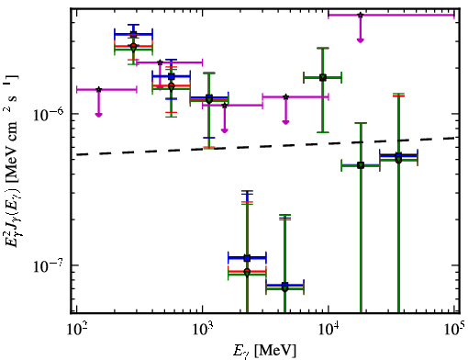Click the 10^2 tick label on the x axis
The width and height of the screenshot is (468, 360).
point(75,329)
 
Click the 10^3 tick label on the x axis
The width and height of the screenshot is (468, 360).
point(202,329)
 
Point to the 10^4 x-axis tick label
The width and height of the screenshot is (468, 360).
point(328,329)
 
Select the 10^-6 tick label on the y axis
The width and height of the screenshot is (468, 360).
point(49,114)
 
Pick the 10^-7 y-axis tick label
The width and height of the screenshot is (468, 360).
point(49,265)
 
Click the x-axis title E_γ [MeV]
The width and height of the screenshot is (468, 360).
point(264,351)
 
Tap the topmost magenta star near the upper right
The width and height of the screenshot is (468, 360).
point(361,15)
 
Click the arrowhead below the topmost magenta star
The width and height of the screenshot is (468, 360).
point(361,40)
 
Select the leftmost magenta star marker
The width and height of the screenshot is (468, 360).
point(98,89)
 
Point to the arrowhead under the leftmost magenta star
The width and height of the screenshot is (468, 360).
point(98,114)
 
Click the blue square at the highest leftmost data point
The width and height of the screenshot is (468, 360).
point(133,34)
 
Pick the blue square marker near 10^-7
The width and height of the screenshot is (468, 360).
point(247,258)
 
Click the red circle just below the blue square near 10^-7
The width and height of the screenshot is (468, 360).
point(247,271)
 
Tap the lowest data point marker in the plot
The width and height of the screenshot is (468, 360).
point(284,288)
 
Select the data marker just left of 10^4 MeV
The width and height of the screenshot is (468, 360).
point(323,77)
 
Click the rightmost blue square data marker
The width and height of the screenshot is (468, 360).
point(398,155)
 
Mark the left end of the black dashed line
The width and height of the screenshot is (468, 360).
point(76,154)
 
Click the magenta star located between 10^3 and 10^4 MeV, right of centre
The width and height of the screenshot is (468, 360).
point(285,96)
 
